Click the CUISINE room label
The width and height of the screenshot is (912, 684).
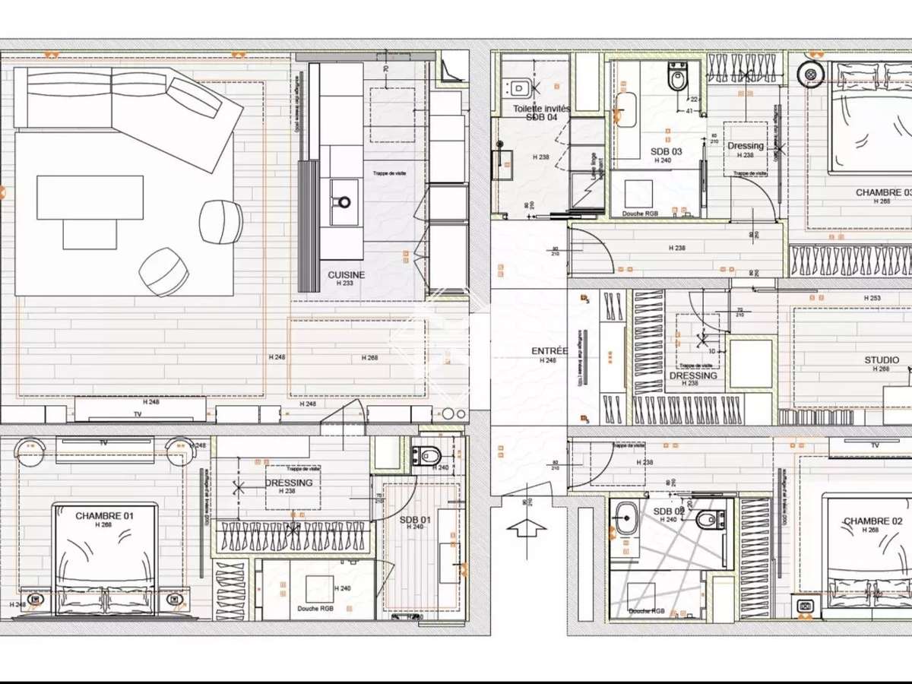click(346, 274)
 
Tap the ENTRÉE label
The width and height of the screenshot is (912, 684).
click(549, 351)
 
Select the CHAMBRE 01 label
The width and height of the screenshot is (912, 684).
click(104, 516)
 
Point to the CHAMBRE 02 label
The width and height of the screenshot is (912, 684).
click(872, 521)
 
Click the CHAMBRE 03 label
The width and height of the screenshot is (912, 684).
click(882, 192)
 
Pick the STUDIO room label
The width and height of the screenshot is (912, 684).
click(882, 360)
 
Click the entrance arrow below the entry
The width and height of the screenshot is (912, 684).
click(525, 527)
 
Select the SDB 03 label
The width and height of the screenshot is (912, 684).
click(667, 151)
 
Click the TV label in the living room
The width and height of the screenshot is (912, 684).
click(138, 414)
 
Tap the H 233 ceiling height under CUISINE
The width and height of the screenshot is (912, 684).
click(346, 283)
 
